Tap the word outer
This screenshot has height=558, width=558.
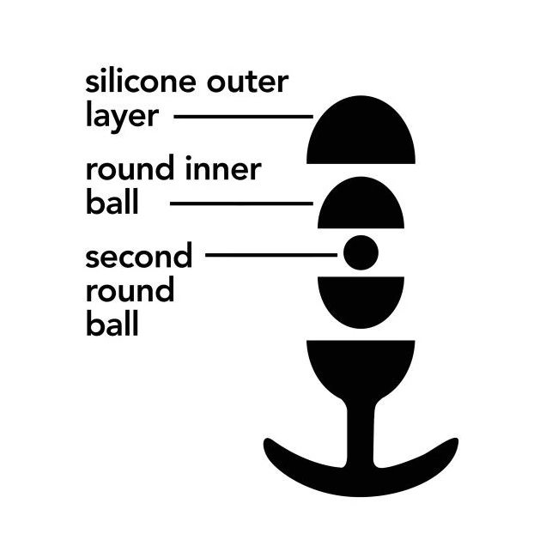pos(248,83)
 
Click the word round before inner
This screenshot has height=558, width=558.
pos(130,168)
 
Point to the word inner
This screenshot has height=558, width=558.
pos(223,169)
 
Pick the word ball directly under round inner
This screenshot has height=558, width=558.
pos(112,201)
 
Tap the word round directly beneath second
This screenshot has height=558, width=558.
pos(130,289)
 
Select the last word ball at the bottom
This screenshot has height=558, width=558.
pos(112,323)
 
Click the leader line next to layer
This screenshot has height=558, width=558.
pos(244,117)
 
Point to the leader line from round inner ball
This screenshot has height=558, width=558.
pos(241,203)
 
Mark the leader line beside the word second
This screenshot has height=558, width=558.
pos(271,255)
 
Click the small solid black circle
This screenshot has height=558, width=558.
pos(361,252)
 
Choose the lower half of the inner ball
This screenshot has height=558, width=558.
pos(361,299)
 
